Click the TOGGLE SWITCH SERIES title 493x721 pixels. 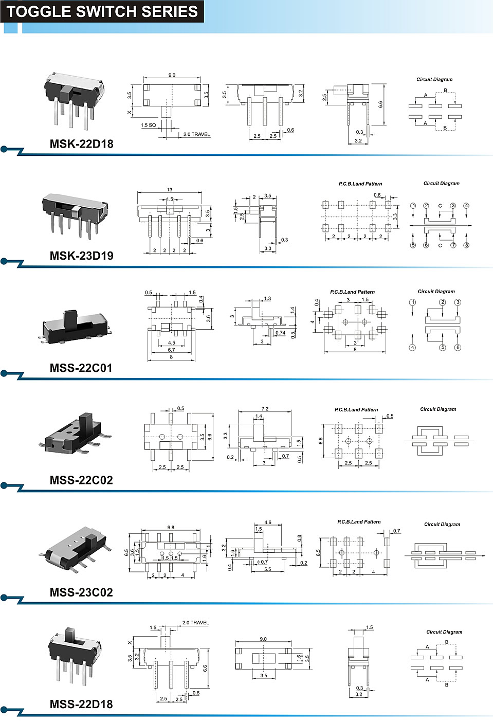coord(102,12)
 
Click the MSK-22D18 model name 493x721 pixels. coord(81,144)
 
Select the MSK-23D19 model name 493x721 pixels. coord(81,256)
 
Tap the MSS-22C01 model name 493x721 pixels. coord(81,368)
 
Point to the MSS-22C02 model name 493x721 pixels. coord(81,480)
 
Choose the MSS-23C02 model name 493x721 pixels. coord(81,592)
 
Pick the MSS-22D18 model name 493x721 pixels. coord(81,704)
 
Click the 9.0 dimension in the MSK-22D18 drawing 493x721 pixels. coord(172,75)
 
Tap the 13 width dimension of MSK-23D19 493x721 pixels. coord(170,190)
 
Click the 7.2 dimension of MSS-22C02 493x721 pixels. coord(265,409)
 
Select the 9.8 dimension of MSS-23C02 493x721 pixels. coord(171,528)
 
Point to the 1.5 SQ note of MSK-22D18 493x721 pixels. coord(149,125)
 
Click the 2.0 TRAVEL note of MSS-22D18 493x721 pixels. coord(196,623)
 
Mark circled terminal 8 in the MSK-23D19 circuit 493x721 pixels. coord(466,245)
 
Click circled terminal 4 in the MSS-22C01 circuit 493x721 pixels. coord(412,348)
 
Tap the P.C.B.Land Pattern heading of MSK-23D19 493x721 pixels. coord(360,184)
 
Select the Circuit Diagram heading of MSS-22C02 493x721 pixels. coord(438,409)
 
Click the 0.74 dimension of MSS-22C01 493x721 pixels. coord(280,333)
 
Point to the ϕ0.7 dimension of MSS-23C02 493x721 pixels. coord(262,562)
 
